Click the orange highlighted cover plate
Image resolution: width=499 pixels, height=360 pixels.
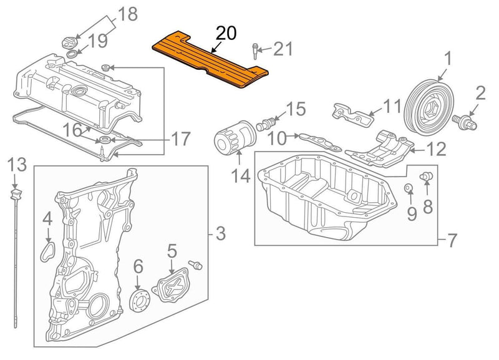pos(212,60)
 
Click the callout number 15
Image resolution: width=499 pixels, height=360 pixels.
pos(296,110)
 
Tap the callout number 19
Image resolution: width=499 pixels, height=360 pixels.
pos(97,42)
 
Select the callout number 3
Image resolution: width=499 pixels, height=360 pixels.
pos(220,235)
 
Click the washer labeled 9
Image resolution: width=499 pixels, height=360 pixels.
pos(407,188)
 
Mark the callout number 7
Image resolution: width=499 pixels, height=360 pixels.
pos(452,239)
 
